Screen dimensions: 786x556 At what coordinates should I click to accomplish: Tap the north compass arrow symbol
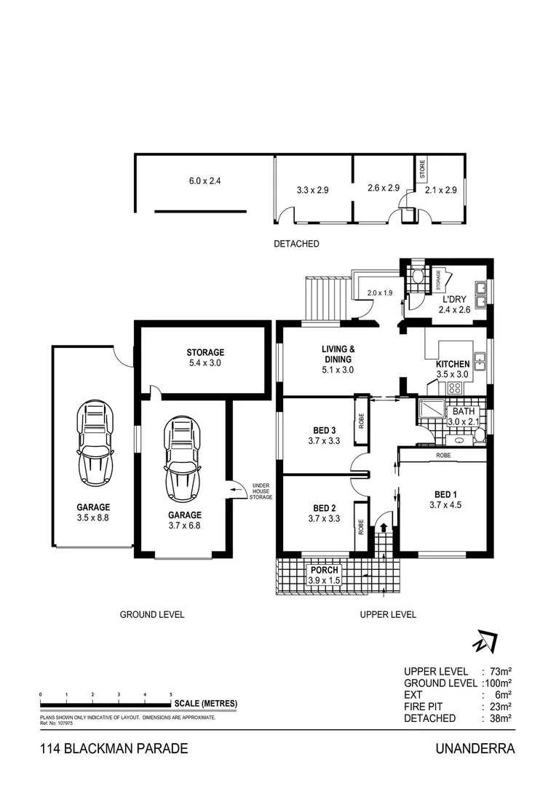pos(484,641)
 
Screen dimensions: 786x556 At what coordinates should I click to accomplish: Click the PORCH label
pos(324,570)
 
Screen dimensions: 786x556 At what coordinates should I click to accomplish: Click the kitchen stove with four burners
pos(458,388)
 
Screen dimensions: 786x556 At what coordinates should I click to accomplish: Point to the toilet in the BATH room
pos(478,437)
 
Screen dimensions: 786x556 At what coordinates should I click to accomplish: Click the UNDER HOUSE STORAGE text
pos(261,491)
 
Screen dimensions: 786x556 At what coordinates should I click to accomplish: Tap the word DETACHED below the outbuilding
pos(296,244)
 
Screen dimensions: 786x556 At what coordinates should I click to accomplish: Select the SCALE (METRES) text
pos(206,704)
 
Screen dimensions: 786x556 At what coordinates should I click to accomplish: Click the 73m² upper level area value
pos(500,672)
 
